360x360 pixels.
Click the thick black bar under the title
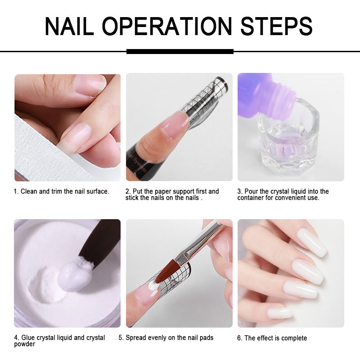[180, 51]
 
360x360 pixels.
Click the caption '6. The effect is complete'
[275, 338]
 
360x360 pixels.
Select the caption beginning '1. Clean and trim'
[62, 191]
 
